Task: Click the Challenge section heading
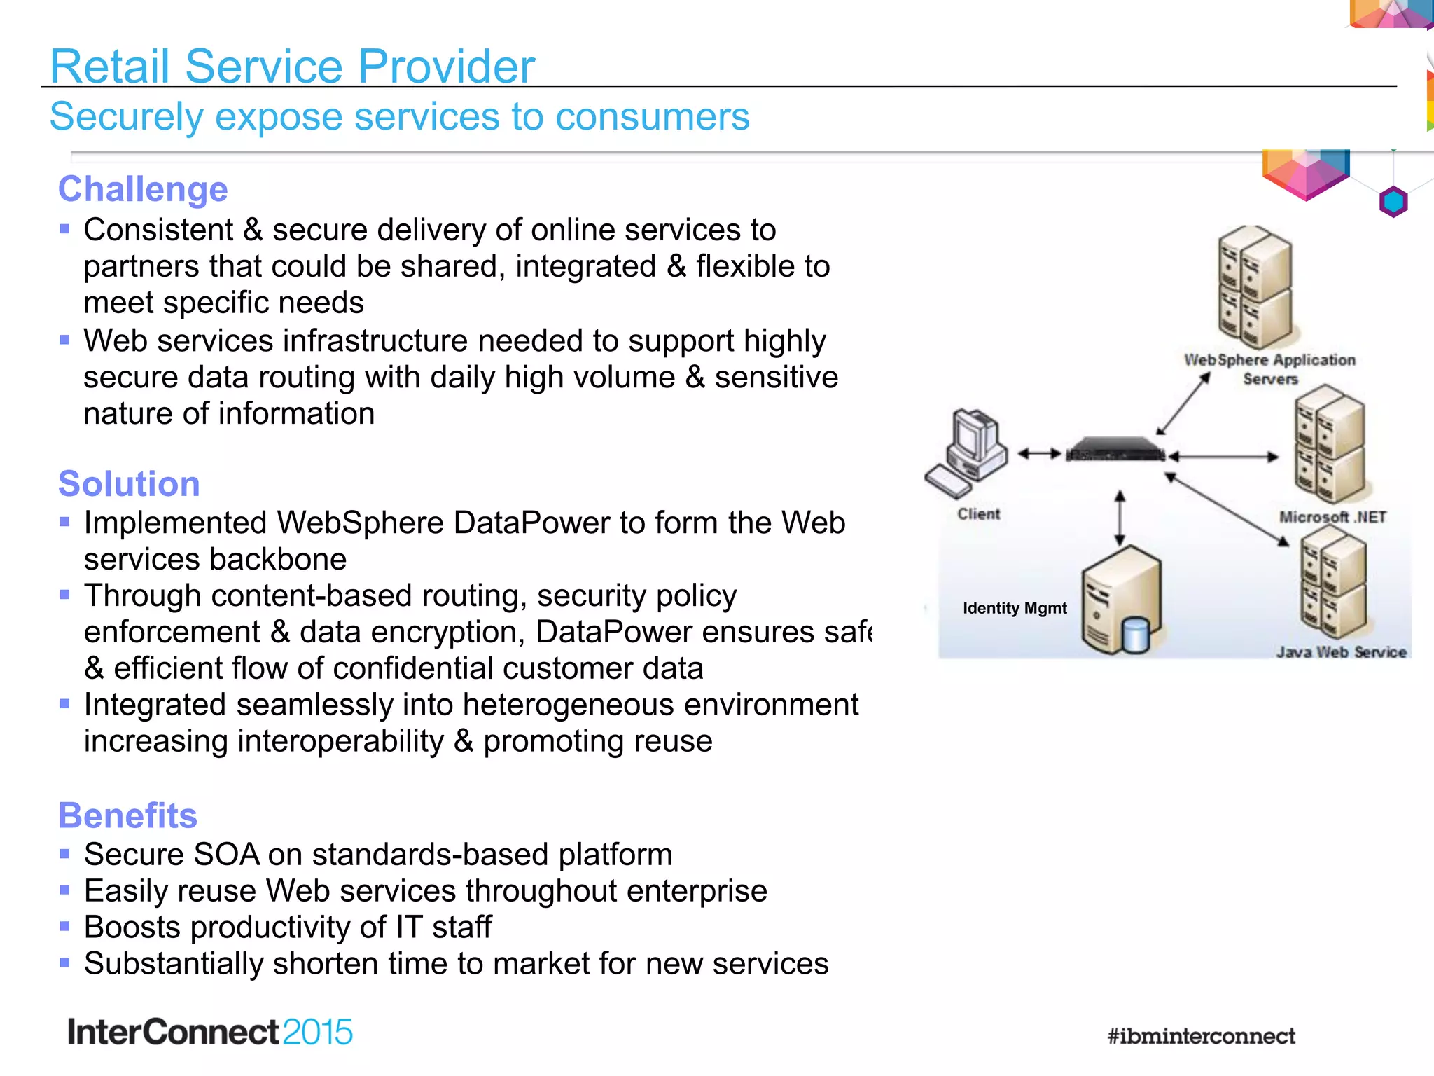point(143,189)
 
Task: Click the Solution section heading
point(129,484)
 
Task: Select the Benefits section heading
point(127,815)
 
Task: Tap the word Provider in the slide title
point(446,67)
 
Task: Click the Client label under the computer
point(978,514)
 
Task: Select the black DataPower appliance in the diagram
point(1115,450)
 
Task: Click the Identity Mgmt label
point(1015,608)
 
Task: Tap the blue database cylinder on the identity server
point(1135,635)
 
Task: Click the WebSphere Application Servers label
point(1269,369)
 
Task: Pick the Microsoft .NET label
point(1332,518)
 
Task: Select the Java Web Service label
point(1341,652)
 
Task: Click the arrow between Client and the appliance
point(1040,454)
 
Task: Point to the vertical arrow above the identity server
point(1120,518)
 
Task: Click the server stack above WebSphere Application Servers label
point(1255,287)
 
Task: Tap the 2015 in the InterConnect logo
point(317,1033)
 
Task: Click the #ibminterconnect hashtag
point(1201,1036)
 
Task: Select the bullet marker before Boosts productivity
point(65,926)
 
